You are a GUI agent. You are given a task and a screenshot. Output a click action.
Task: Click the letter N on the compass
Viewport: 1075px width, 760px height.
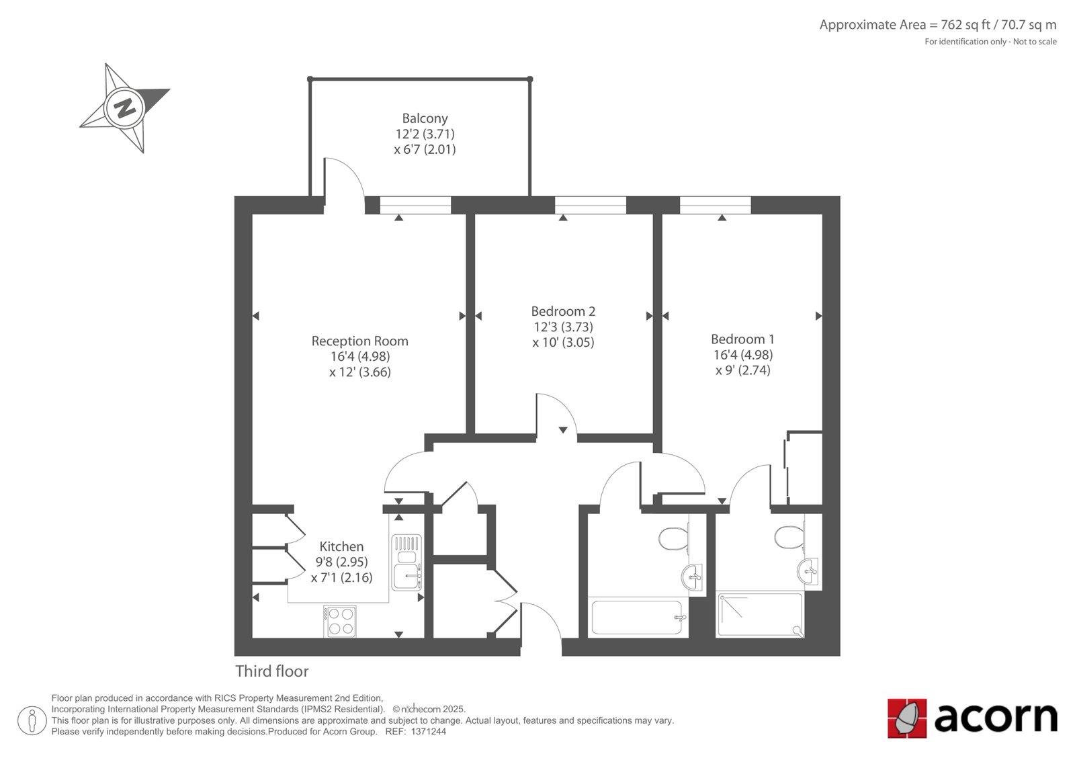[124, 108]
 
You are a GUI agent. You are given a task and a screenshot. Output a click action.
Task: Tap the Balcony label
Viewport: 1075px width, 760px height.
[425, 118]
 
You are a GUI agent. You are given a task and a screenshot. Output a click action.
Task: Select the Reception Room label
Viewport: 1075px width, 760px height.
[359, 341]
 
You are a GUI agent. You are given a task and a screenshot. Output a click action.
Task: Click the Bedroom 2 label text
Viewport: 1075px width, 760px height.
[563, 311]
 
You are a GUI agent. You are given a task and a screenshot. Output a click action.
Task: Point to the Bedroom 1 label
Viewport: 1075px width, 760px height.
[742, 339]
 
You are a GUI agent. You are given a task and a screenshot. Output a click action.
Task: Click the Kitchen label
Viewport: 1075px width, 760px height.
[341, 547]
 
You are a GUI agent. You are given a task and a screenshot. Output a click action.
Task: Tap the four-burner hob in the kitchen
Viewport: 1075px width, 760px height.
[340, 621]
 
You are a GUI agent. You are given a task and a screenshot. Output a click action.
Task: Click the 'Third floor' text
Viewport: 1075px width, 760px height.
[271, 671]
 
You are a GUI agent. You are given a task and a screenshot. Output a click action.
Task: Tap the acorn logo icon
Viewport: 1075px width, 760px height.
[907, 718]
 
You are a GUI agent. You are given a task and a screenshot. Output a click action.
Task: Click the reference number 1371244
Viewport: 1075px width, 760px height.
[428, 732]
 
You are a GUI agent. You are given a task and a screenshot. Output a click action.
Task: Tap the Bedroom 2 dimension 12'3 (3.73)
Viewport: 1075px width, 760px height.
[563, 327]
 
